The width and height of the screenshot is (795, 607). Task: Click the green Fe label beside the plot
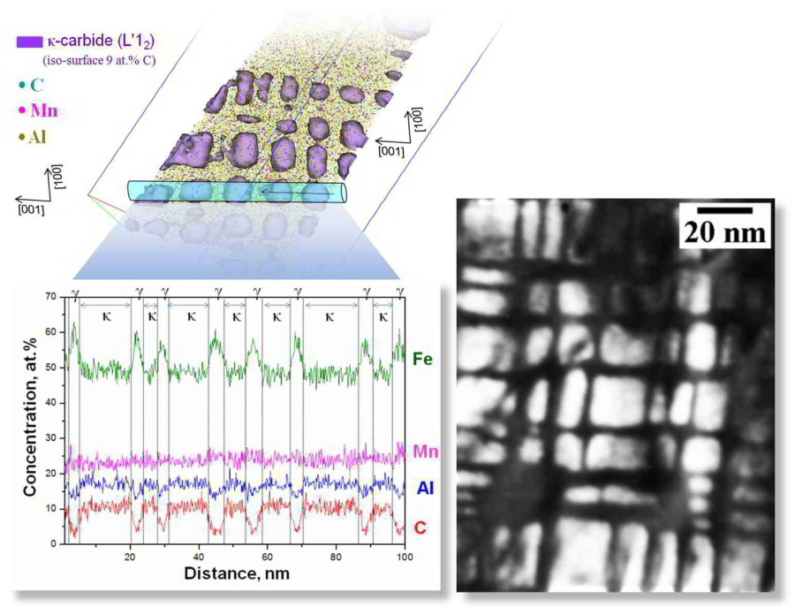tap(422, 357)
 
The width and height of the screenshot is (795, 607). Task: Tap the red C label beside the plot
tap(420, 527)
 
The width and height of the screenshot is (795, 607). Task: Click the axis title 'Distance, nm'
tap(236, 573)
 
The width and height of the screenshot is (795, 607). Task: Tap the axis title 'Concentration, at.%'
tap(26, 420)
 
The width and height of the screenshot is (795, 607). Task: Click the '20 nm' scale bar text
tap(723, 232)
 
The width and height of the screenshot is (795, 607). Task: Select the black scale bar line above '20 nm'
tap(723, 210)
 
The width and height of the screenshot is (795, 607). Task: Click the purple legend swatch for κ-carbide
tap(29, 41)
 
